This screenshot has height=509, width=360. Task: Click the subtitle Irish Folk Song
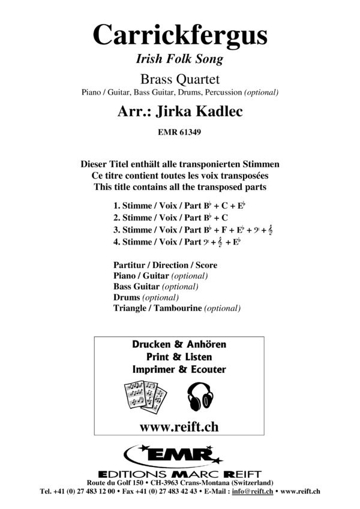coord(179,59)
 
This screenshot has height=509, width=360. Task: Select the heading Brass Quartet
coord(179,78)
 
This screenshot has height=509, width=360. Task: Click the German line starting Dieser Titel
coord(179,164)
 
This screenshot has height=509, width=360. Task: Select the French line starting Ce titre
coord(179,176)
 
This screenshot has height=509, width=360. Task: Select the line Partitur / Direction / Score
coord(165,264)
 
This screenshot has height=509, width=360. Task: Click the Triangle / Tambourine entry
coord(176,308)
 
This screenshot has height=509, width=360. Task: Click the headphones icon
coord(202,396)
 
